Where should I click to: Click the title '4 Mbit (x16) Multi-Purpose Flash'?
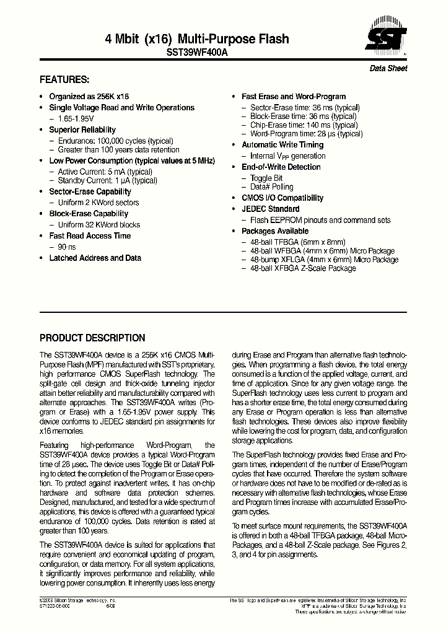(197, 39)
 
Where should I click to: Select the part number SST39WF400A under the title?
(197, 53)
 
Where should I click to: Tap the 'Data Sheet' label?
(388, 69)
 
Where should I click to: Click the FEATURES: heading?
(64, 80)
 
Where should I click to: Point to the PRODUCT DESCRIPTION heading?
(92, 338)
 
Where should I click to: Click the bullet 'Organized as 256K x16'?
(89, 97)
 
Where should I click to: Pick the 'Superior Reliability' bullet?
(82, 129)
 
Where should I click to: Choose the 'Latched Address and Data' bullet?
(95, 258)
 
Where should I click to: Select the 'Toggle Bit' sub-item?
(266, 178)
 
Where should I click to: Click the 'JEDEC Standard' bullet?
(270, 209)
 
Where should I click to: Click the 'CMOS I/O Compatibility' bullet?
(282, 198)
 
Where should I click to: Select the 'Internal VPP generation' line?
(287, 156)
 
